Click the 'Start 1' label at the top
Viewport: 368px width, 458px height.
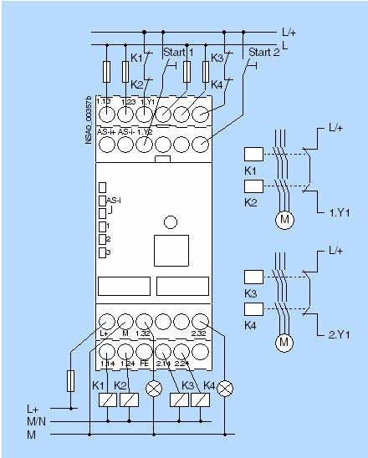tap(178, 52)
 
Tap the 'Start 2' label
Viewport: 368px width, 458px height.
tap(263, 52)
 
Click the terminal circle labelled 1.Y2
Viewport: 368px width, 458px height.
tap(144, 144)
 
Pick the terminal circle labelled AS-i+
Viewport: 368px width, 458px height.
tap(105, 144)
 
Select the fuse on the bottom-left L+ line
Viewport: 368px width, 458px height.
tap(72, 382)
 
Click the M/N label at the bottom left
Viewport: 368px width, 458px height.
tap(38, 422)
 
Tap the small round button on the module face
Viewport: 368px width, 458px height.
tap(170, 222)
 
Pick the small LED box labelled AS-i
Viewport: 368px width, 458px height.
tap(101, 201)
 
